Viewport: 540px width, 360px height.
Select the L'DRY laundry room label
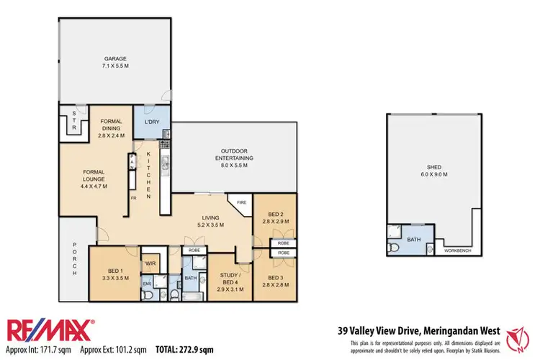152,122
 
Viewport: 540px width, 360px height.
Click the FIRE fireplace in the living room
241,204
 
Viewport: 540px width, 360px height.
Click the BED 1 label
116,274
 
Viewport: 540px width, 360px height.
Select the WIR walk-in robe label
151,264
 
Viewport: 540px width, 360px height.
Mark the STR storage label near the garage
73,120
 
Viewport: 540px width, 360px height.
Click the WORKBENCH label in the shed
458,251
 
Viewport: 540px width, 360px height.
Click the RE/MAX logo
50,330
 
